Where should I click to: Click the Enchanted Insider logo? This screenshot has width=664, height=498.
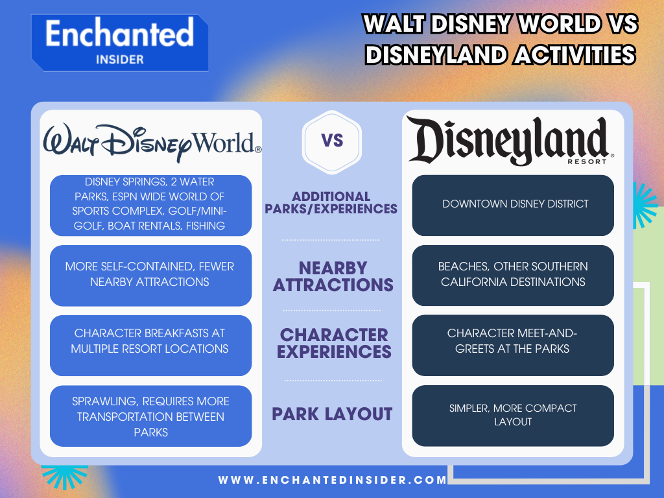119,42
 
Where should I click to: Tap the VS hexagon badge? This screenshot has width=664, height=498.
331,141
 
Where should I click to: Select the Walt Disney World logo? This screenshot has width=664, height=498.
152,142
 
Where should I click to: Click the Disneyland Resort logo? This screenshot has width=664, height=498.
512,140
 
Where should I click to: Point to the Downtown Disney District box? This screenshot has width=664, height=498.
513,204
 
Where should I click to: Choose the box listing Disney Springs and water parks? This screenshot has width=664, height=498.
150,204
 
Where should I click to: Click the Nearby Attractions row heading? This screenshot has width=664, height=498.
333,276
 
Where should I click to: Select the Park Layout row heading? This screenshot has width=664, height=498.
332,414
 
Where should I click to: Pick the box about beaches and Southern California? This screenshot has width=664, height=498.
513,275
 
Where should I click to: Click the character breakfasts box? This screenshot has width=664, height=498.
150,341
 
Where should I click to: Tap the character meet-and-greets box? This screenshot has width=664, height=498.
513,341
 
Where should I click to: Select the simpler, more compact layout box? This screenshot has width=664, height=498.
513,415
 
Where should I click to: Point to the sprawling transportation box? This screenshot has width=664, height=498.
150,416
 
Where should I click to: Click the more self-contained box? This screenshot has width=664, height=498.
150,274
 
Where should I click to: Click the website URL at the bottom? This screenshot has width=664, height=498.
333,480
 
